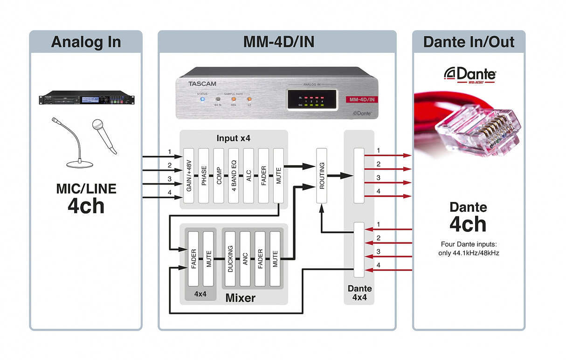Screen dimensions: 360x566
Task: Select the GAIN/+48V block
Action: point(189,176)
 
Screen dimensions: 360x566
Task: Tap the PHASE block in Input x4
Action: point(204,176)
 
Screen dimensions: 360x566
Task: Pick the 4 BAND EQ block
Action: point(234,176)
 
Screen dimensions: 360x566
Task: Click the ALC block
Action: point(248,176)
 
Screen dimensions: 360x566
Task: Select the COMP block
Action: point(219,176)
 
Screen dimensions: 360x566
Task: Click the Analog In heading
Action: point(86,42)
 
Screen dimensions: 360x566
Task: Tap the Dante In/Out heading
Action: point(468,42)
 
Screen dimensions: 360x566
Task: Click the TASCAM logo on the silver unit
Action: point(203,84)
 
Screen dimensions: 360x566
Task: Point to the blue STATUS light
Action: point(202,99)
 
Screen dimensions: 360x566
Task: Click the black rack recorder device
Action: point(86,99)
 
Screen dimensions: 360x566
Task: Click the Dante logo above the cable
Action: point(469,75)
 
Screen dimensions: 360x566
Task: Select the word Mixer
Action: point(241,297)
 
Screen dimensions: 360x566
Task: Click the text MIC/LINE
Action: point(86,189)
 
